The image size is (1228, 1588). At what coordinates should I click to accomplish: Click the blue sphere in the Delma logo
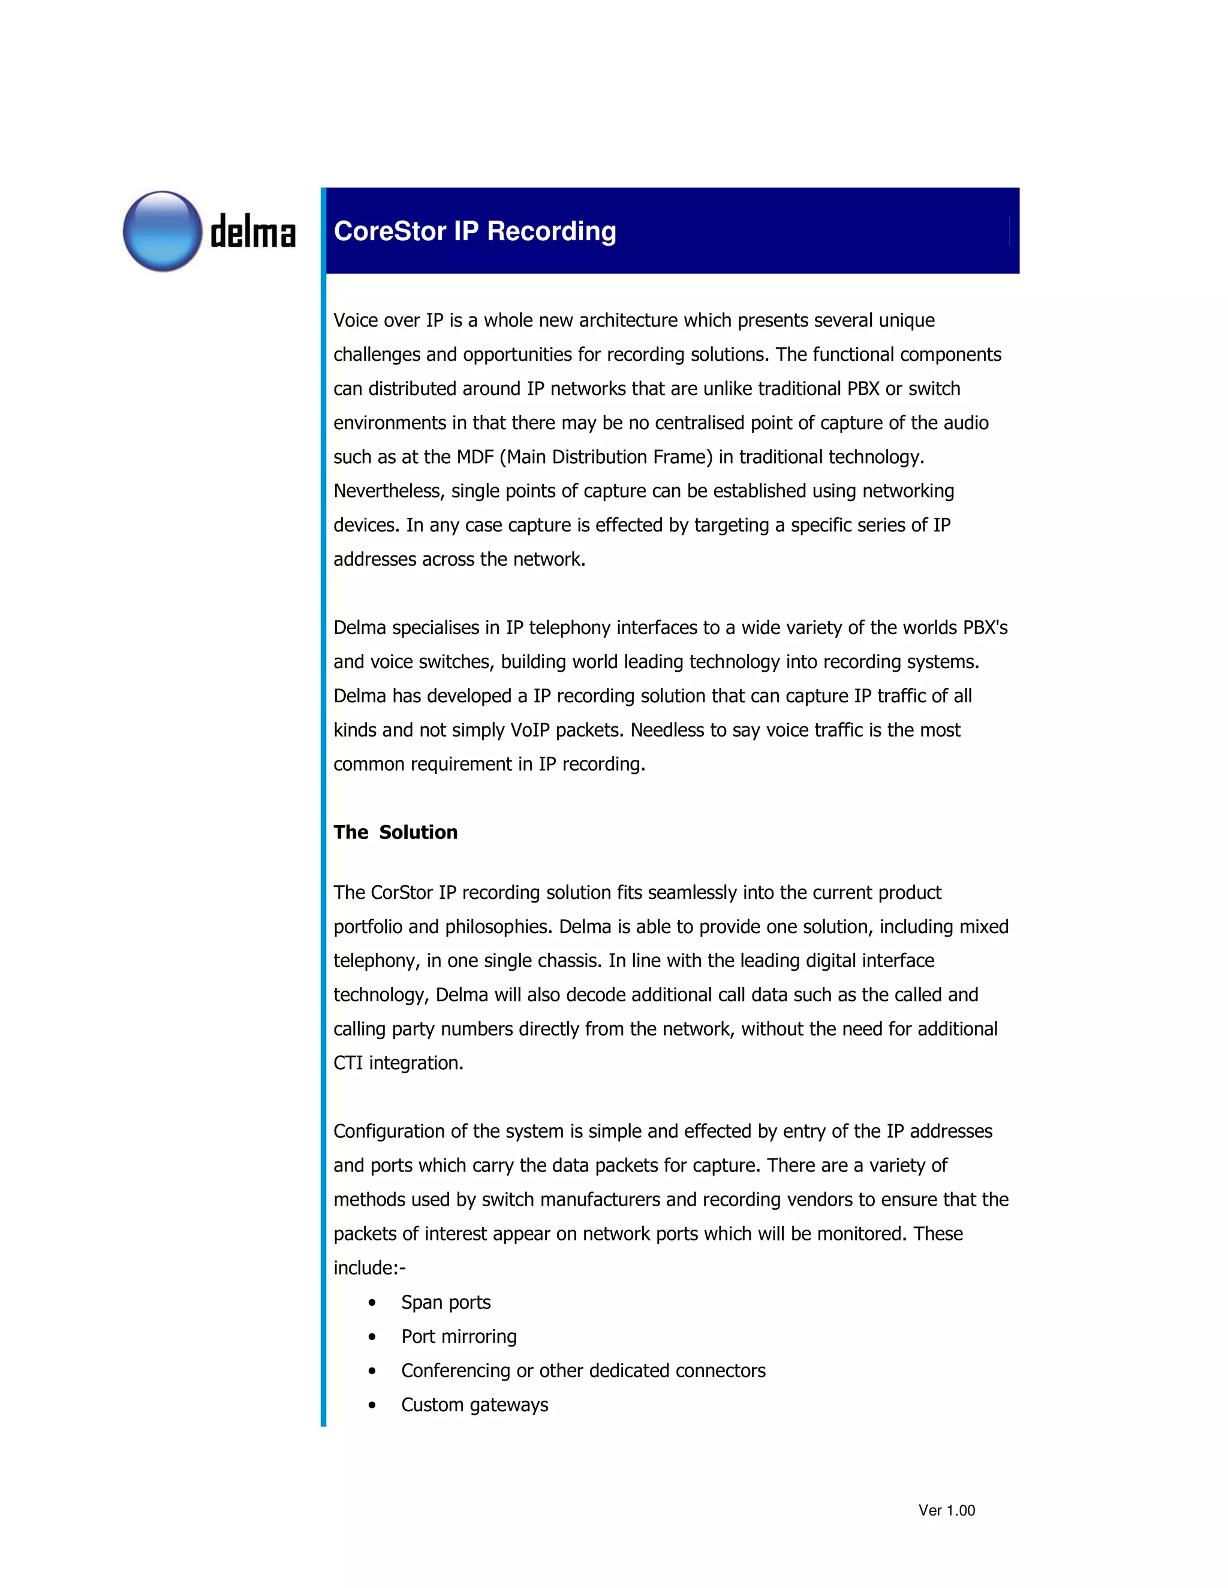point(162,231)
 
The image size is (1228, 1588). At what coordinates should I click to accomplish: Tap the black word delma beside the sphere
point(252,233)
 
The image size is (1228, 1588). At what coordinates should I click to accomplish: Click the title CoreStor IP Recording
point(474,231)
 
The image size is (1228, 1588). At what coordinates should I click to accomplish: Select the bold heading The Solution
point(395,832)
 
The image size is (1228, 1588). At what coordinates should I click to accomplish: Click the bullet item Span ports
point(446,1302)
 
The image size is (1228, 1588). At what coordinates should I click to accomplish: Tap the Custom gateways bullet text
point(474,1405)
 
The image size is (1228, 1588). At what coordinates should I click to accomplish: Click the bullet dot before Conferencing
point(372,1371)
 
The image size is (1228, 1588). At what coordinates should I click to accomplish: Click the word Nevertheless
point(389,491)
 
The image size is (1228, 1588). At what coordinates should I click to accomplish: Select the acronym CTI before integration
point(348,1063)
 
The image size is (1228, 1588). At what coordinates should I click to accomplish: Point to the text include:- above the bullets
point(369,1268)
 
